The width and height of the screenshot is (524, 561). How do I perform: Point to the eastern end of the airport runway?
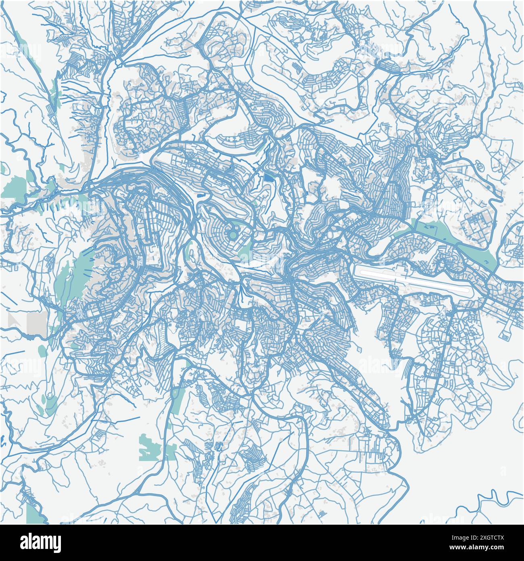point(468,290)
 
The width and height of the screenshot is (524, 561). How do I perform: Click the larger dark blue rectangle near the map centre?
point(268,178)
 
